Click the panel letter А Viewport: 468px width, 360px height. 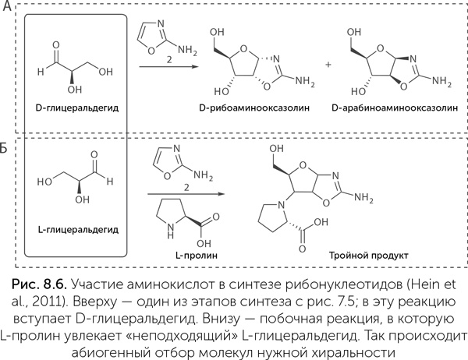coord(5,7)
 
